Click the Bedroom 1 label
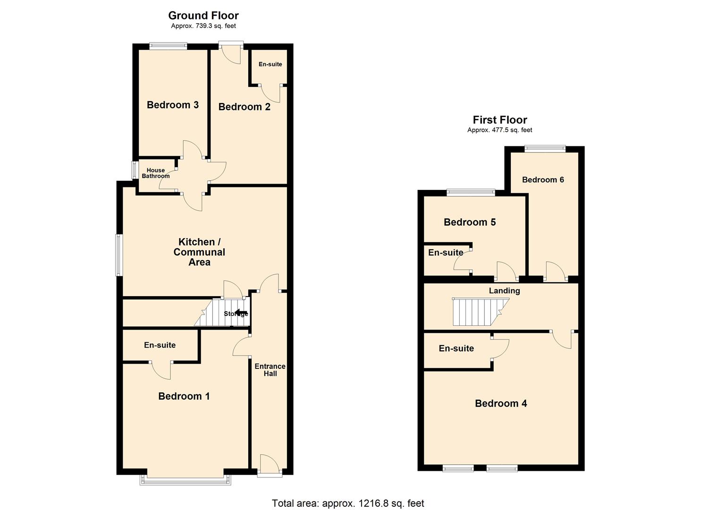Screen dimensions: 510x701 click(184, 396)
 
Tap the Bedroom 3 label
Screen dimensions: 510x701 click(172, 105)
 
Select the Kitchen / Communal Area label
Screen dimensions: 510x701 click(199, 252)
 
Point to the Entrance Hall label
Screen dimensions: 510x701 click(270, 370)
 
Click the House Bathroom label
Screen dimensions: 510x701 click(155, 173)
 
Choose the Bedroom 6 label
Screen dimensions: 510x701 click(543, 179)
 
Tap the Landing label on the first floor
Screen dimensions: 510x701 click(504, 291)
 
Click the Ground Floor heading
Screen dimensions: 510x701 click(203, 16)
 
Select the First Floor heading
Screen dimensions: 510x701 click(500, 120)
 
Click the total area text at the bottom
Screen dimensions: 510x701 click(348, 503)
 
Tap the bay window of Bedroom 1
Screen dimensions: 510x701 click(186, 480)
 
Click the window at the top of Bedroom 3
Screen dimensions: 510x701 click(168, 46)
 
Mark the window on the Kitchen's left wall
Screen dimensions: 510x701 click(119, 255)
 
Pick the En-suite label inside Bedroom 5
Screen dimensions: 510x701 click(446, 253)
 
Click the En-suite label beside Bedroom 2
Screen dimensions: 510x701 click(270, 64)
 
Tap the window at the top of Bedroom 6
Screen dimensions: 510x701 click(545, 149)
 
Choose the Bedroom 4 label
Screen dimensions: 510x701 click(501, 403)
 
